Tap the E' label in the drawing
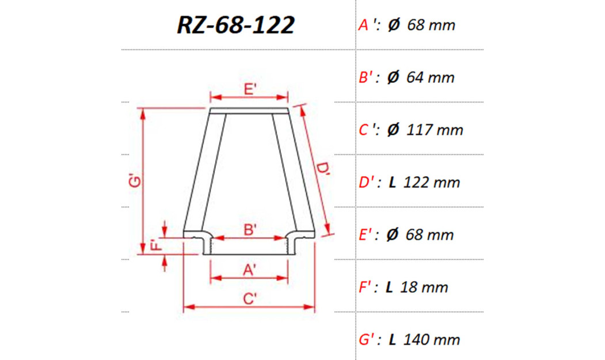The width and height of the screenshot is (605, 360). pyautogui.click(x=250, y=89)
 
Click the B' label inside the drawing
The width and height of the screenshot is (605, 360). pyautogui.click(x=250, y=230)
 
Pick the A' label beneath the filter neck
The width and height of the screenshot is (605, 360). pyautogui.click(x=249, y=269)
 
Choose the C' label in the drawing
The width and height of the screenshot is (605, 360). pyautogui.click(x=249, y=298)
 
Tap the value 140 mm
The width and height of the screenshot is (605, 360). pyautogui.click(x=432, y=340)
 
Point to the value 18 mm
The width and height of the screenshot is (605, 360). pyautogui.click(x=425, y=287)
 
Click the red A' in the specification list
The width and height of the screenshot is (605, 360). pyautogui.click(x=365, y=25)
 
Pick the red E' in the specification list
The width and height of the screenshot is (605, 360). pyautogui.click(x=366, y=235)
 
